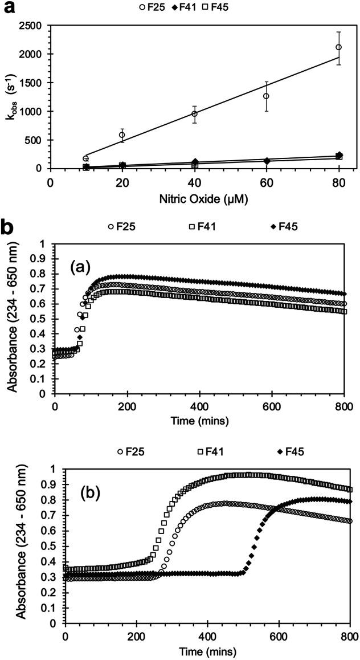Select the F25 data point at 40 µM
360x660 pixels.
coord(194,114)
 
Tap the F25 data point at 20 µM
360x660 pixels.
coord(122,135)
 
